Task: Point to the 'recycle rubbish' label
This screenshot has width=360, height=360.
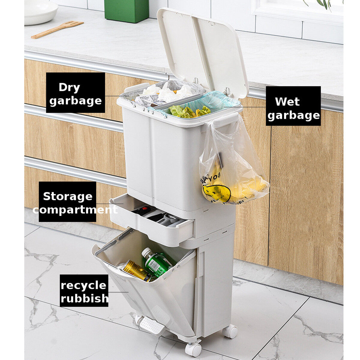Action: click(84, 290)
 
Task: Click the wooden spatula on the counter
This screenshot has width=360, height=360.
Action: click(57, 29)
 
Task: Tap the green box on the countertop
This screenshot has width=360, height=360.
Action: click(126, 11)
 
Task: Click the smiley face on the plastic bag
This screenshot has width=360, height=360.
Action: click(216, 193)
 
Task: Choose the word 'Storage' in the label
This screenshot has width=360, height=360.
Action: click(68, 196)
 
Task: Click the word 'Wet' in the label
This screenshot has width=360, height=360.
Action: click(287, 101)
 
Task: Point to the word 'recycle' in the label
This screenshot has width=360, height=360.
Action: click(83, 285)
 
